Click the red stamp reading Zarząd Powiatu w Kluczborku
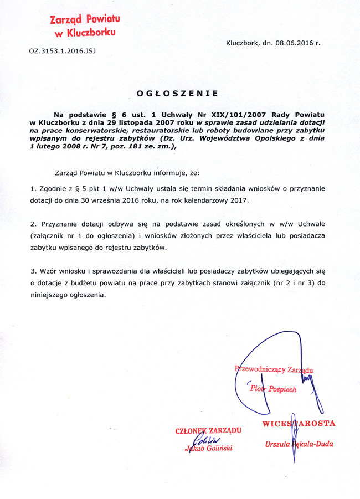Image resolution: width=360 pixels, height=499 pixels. click(x=84, y=26)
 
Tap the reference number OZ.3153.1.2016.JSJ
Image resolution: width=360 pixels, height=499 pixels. click(x=63, y=52)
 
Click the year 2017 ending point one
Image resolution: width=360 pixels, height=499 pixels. click(x=240, y=200)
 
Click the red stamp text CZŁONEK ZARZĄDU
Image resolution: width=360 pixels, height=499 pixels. click(x=208, y=430)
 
